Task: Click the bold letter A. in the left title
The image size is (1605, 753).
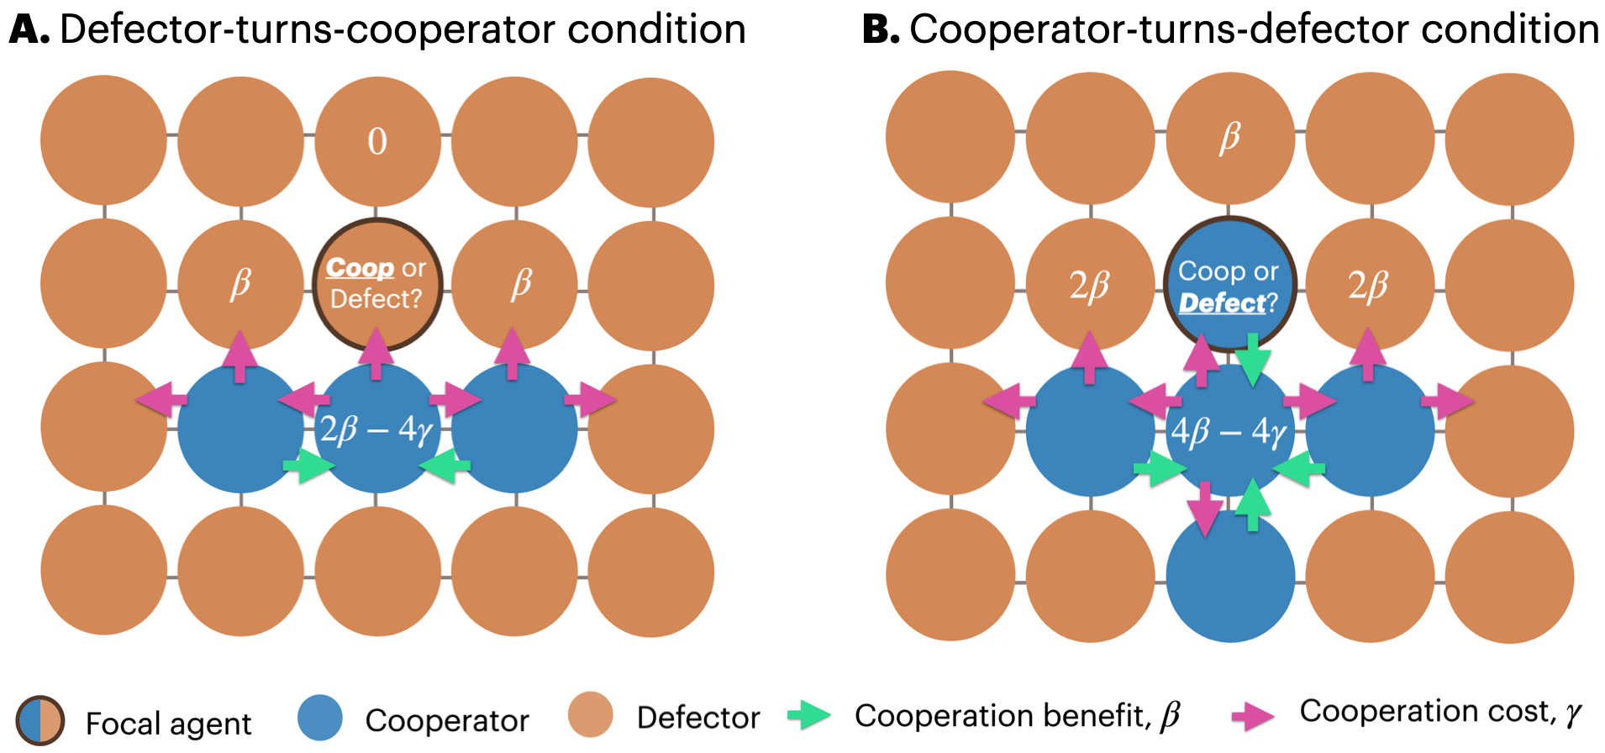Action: click(29, 30)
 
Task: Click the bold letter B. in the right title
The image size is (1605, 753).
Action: click(880, 30)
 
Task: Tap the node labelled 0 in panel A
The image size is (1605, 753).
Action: click(377, 141)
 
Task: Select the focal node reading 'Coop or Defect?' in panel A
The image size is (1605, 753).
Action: click(377, 284)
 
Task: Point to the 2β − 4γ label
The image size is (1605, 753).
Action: click(376, 430)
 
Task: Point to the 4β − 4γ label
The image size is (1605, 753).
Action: click(1229, 432)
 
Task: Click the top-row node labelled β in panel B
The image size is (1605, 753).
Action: click(1229, 137)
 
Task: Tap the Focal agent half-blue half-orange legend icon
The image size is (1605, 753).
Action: click(39, 721)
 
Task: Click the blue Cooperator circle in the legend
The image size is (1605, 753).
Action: click(320, 718)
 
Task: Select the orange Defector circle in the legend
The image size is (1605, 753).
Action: click(590, 715)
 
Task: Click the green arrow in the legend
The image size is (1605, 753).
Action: click(808, 715)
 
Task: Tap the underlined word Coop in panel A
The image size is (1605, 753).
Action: click(360, 268)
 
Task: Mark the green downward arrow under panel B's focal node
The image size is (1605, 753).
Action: click(1252, 360)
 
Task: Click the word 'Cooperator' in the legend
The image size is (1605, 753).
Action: click(447, 720)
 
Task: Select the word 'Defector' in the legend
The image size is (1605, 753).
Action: click(698, 718)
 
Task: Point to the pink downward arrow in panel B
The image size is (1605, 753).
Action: click(1206, 508)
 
